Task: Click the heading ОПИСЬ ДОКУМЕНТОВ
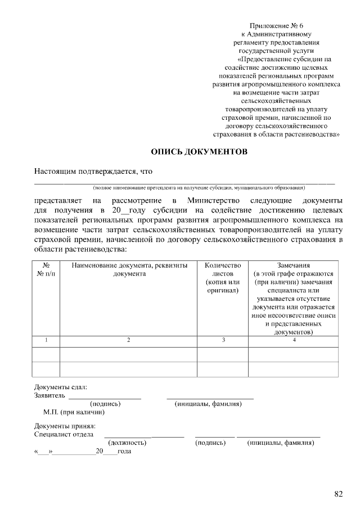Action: (x=199, y=152)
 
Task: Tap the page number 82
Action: (x=338, y=494)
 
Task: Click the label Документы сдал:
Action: (x=61, y=387)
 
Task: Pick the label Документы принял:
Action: (x=65, y=426)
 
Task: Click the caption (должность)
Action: (x=127, y=443)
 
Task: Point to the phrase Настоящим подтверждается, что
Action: (x=93, y=171)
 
